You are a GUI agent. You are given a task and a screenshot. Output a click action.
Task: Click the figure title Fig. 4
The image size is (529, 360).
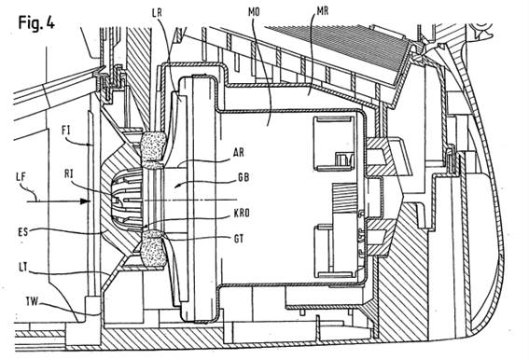click(x=36, y=23)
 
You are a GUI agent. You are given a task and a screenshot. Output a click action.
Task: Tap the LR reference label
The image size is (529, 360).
click(x=157, y=13)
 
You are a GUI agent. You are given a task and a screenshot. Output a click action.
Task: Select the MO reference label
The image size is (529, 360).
click(x=254, y=12)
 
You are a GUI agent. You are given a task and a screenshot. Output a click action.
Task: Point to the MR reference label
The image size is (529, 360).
click(x=323, y=11)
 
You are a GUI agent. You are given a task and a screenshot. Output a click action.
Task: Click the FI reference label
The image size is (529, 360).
click(x=66, y=130)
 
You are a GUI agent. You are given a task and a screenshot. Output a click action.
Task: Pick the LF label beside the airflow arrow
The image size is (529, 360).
click(x=21, y=176)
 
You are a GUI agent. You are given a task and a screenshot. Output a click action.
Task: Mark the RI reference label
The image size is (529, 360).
click(x=69, y=174)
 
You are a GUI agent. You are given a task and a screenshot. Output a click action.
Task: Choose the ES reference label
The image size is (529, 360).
click(x=23, y=232)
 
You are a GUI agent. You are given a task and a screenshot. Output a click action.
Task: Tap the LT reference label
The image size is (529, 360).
click(x=23, y=269)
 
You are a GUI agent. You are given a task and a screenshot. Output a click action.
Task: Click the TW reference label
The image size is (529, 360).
click(x=32, y=300)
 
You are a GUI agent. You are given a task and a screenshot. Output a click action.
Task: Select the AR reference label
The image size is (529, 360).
click(x=239, y=153)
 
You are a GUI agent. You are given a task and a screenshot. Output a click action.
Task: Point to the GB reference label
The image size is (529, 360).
click(x=244, y=177)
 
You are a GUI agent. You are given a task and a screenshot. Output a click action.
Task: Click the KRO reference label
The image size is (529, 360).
click(x=242, y=214)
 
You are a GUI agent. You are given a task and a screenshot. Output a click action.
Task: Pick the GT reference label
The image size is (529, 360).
click(x=239, y=239)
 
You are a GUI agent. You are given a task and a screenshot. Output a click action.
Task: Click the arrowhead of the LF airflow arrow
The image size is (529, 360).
click(x=85, y=201)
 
